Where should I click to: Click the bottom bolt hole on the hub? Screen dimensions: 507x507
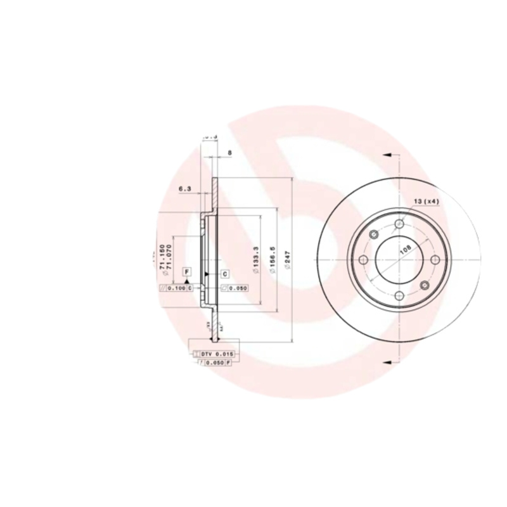399,295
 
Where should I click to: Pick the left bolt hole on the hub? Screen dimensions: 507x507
364,260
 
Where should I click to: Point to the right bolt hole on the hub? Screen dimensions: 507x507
435,260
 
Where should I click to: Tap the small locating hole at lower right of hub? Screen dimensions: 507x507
425,286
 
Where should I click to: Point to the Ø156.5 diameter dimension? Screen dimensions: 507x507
273,260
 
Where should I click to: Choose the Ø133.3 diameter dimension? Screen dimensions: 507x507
255,260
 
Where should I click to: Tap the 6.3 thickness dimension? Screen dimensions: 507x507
185,188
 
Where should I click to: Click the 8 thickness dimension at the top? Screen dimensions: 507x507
229,152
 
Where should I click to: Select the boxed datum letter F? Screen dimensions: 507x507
186,272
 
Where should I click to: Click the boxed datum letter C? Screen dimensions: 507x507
224,273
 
